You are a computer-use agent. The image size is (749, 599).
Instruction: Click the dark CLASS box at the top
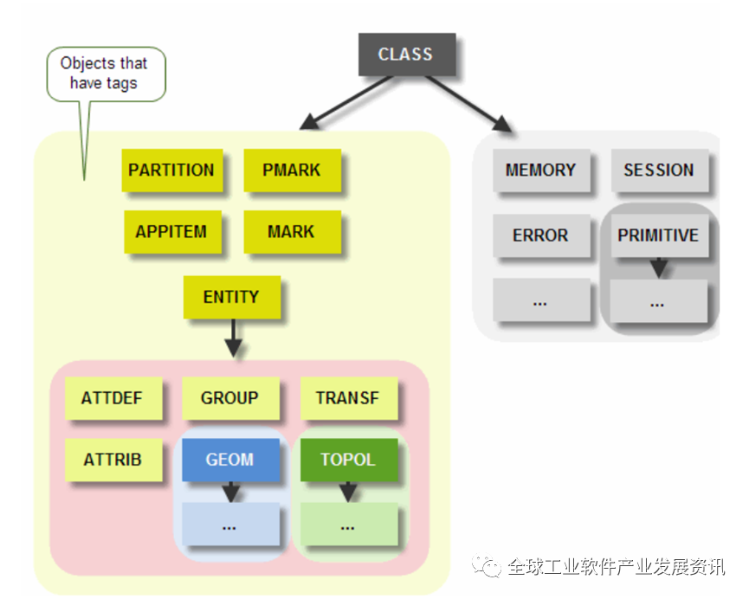pos(406,54)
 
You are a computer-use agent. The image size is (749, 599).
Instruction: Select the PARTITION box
pos(171,170)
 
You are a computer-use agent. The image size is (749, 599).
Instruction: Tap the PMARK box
pos(292,170)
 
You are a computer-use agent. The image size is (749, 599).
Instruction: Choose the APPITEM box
pos(171,232)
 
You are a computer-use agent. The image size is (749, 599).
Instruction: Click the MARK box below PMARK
pos(292,232)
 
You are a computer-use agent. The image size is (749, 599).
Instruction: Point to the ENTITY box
pos(231,297)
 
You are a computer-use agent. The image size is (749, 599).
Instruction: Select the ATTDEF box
pos(112,398)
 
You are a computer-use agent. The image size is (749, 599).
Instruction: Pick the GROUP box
pos(229,398)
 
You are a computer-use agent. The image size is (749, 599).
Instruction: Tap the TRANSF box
pos(347,398)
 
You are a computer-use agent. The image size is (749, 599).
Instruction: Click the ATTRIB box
pos(113,459)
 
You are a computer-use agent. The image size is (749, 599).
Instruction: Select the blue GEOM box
pos(229,459)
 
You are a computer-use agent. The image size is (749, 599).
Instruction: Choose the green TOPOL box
pos(348,459)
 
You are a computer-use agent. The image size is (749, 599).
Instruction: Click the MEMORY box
pos(540,171)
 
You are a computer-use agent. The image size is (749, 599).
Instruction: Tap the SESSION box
pos(659,171)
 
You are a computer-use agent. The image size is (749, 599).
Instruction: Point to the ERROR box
pos(540,235)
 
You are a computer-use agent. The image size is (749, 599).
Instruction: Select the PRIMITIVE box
pos(658,235)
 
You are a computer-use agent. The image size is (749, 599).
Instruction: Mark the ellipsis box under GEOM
pos(229,525)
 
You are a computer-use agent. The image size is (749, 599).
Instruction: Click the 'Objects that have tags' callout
pos(104,74)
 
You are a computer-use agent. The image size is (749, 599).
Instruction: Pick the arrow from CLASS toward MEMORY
pos(468,104)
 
